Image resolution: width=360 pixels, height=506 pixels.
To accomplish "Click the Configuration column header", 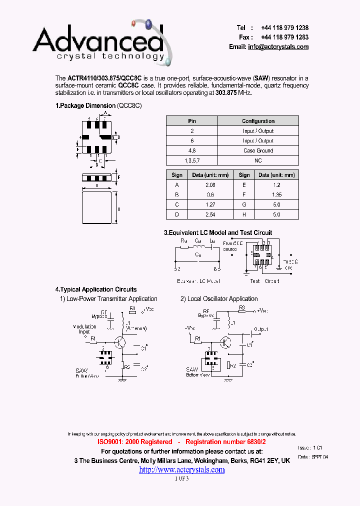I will (258, 121).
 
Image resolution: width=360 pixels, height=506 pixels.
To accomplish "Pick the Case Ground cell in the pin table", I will (258, 150).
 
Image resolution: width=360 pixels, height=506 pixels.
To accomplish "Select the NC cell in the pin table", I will (258, 160).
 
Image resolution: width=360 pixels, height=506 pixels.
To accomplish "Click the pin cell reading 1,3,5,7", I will (192, 160).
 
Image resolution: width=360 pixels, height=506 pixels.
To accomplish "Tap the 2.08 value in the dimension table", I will (210, 185).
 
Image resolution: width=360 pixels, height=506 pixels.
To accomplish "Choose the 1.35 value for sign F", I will (276, 195).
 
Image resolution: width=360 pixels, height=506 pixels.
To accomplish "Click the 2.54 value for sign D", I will (210, 214).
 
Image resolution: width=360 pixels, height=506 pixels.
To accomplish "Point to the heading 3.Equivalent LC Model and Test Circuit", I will (218, 232).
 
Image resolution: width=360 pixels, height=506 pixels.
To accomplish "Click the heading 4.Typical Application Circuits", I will (95, 289).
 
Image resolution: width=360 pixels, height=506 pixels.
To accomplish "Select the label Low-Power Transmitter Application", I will (112, 299).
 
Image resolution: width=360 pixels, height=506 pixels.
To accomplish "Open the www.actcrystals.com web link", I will (181, 470).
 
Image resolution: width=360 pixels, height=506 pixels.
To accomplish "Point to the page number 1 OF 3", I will (181, 478).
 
